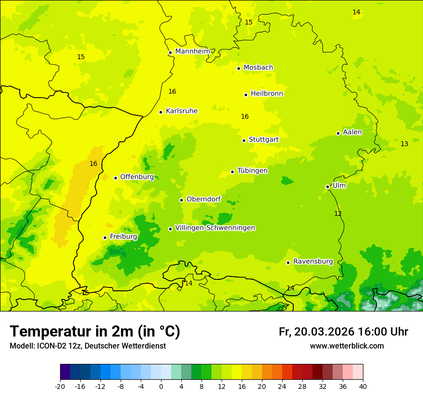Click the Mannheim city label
(x=192, y=51)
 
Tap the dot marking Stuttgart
(x=244, y=140)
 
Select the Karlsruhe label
(x=181, y=111)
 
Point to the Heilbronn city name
(x=267, y=94)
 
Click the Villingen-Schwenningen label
(x=215, y=228)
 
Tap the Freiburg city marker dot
(x=105, y=237)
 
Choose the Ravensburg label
(x=312, y=262)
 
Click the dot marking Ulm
(x=328, y=187)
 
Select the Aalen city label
(x=352, y=132)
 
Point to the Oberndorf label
(x=204, y=199)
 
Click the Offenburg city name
(x=137, y=177)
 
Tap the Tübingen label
(x=252, y=171)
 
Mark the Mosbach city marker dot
(x=238, y=68)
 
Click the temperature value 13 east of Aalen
(x=404, y=144)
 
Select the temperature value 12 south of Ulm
(x=338, y=213)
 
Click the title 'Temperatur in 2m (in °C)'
(x=95, y=332)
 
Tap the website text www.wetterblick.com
(x=347, y=346)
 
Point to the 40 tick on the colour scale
(x=363, y=386)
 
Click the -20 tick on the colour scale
(x=60, y=386)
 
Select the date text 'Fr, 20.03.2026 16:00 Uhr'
(x=343, y=332)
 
